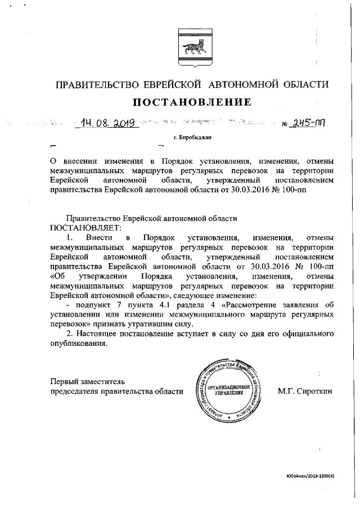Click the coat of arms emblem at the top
pos(191,43)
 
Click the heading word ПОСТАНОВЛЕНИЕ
pos(191,102)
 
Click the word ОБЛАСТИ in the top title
pos(302,85)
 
